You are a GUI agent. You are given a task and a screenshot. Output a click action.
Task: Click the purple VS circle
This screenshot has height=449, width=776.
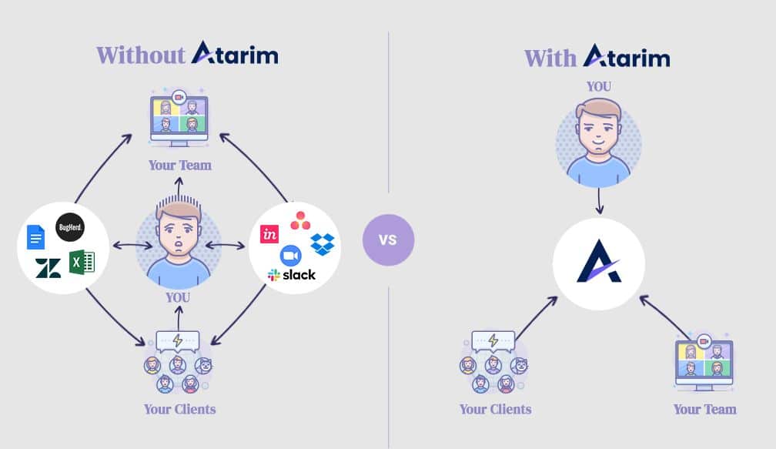[388, 240]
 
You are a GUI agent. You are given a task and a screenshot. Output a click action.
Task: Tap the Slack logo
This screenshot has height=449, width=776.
[292, 275]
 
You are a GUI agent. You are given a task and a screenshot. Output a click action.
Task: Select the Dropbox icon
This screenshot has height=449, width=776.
[322, 243]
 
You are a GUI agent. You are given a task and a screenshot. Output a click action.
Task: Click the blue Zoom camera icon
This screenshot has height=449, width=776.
[290, 255]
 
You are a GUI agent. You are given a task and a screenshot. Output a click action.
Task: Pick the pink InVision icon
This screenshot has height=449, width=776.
[270, 234]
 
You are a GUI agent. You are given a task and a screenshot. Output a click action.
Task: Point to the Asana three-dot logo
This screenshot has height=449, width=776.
[300, 222]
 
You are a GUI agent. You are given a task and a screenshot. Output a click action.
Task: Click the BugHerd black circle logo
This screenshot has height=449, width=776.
[70, 228]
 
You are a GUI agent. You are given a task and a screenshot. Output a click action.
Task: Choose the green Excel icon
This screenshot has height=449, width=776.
[81, 262]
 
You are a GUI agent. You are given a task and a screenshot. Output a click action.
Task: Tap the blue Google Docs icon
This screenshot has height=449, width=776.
[36, 237]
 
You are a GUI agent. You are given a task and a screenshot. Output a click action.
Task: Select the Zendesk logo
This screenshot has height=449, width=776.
[48, 268]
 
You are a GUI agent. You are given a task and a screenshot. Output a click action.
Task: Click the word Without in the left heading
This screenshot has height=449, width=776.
[141, 55]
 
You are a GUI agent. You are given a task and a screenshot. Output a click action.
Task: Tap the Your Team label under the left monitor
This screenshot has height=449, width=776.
[180, 165]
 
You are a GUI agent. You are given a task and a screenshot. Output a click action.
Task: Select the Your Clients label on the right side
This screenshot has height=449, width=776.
[495, 409]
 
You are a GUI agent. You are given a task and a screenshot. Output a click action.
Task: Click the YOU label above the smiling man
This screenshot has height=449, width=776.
[598, 86]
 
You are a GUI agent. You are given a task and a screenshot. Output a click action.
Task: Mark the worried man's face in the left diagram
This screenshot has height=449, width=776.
[178, 233]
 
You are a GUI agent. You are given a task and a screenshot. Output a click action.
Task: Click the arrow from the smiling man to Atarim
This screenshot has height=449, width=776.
[599, 202]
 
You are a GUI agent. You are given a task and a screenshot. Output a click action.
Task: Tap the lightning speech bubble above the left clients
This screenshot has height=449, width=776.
[177, 340]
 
